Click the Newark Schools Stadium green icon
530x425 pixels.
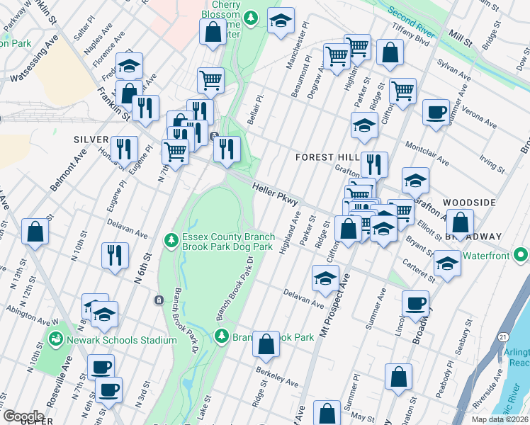pos(55,340)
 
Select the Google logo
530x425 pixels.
pos(23,416)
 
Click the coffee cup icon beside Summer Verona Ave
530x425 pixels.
pos(436,110)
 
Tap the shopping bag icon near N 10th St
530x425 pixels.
pos(35,231)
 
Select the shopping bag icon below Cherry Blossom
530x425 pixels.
pos(213,32)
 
